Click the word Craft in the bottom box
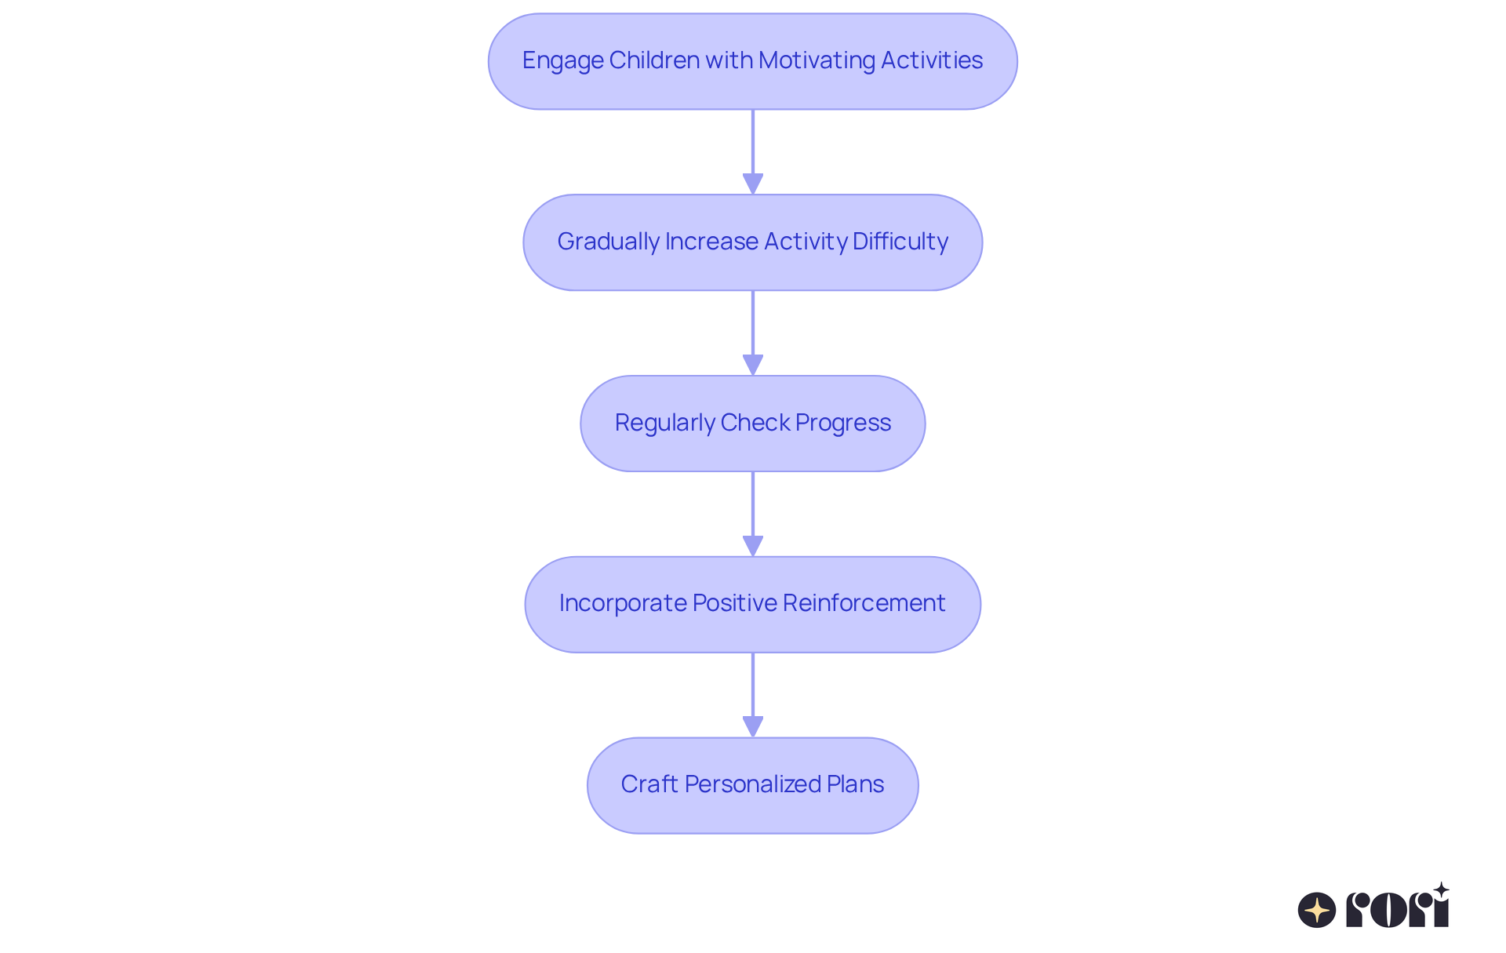pos(649,784)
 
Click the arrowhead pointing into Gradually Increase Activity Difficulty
pos(753,184)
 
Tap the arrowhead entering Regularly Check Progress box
pos(753,365)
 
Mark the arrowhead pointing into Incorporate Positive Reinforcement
pos(753,546)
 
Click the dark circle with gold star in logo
pos(1317,910)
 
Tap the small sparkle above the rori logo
pos(1441,890)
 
